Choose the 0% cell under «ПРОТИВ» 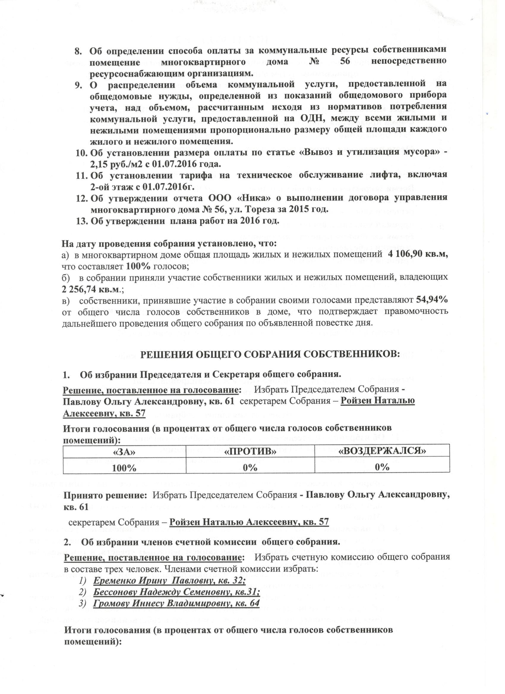(x=250, y=467)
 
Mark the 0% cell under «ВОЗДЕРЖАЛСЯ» (x=382, y=467)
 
